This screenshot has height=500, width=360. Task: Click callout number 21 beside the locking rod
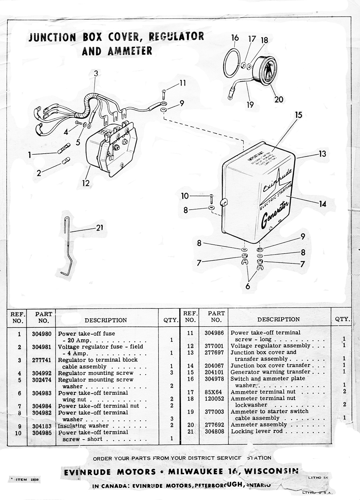(x=99, y=228)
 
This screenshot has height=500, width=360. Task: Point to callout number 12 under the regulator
(x=86, y=183)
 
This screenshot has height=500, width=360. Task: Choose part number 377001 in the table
(x=214, y=346)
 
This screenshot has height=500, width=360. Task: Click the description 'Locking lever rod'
(x=256, y=431)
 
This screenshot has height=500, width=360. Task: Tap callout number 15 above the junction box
(x=299, y=115)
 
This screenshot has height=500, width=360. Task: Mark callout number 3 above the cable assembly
(x=96, y=73)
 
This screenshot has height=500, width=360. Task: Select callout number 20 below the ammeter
(x=279, y=100)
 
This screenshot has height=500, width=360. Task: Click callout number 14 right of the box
(x=322, y=204)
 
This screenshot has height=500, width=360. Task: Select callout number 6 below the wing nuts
(x=248, y=286)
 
